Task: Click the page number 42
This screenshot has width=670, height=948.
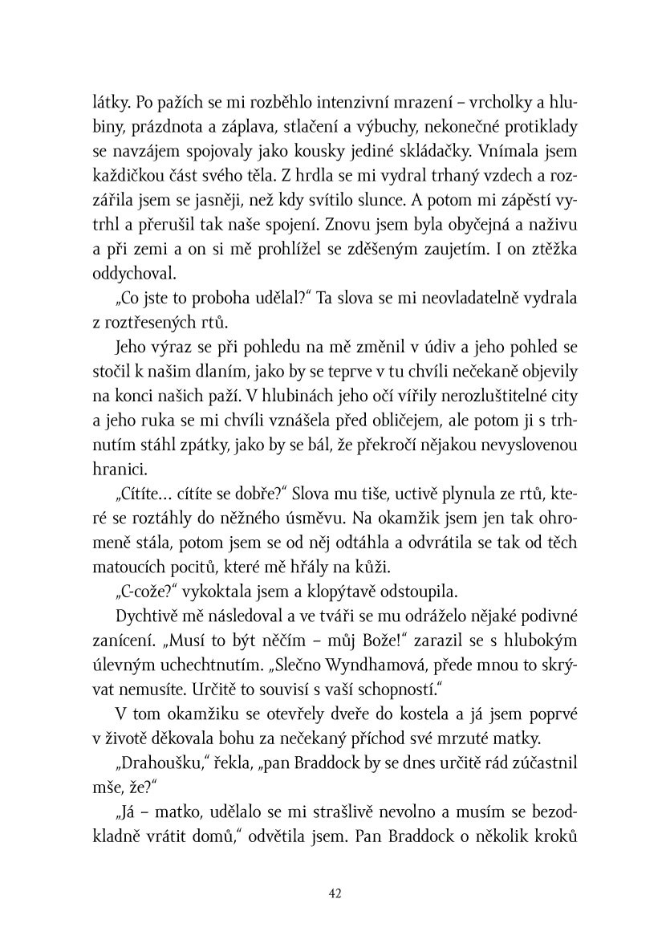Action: click(x=335, y=893)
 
